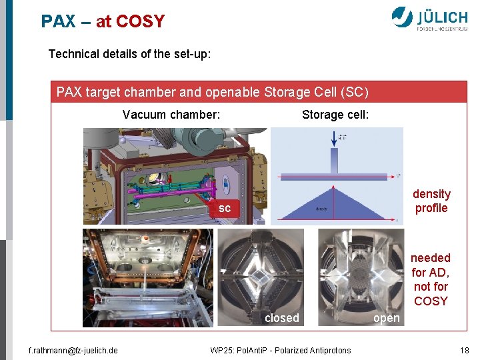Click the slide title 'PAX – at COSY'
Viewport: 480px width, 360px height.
point(102,21)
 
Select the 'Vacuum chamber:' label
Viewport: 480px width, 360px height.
point(171,115)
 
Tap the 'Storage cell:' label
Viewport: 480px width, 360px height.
point(335,115)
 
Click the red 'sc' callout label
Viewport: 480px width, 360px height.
point(225,209)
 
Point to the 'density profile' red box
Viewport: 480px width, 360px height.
point(431,201)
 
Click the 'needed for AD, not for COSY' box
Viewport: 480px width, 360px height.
point(431,279)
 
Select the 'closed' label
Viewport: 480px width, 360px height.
point(282,318)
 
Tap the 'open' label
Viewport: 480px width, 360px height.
point(387,318)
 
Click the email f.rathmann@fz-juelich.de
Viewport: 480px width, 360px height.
point(69,350)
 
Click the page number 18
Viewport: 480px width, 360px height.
point(464,350)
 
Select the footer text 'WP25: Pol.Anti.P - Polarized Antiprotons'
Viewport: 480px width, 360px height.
point(280,350)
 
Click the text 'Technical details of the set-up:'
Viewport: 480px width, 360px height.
point(129,54)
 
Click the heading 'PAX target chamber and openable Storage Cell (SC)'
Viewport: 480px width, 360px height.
point(212,92)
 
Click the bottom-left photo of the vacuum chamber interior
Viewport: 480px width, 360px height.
point(147,277)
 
